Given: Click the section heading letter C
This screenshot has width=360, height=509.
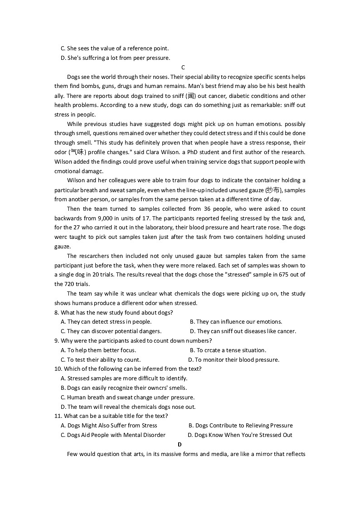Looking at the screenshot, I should (x=183, y=68).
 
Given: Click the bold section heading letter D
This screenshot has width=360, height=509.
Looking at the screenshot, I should (x=180, y=445).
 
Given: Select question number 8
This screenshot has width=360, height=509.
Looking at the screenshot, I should (x=56, y=313).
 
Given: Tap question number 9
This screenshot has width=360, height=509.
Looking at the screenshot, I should (x=56, y=341).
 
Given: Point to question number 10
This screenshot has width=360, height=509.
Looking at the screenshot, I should (x=58, y=369).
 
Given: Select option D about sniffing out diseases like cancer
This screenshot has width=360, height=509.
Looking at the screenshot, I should (x=243, y=331).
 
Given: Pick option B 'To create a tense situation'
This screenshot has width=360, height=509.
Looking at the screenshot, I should (x=228, y=350).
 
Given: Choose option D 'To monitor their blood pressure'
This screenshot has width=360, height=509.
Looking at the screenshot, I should (x=234, y=360).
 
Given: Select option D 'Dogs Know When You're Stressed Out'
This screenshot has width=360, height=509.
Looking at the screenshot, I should (x=240, y=435).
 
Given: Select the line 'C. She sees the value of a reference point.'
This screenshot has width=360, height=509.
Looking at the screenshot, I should (x=114, y=48).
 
